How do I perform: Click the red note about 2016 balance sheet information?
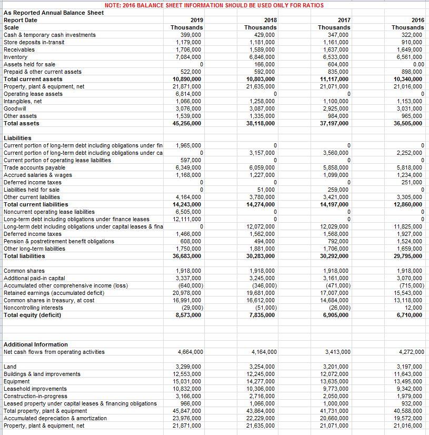[214, 5]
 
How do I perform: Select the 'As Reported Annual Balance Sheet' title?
[54, 12]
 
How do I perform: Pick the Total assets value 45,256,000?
[187, 123]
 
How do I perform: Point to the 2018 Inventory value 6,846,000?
[262, 57]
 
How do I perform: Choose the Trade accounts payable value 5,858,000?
[335, 167]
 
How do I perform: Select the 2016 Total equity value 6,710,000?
[408, 315]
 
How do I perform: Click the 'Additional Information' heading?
[36, 344]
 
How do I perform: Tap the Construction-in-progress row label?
[35, 396]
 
